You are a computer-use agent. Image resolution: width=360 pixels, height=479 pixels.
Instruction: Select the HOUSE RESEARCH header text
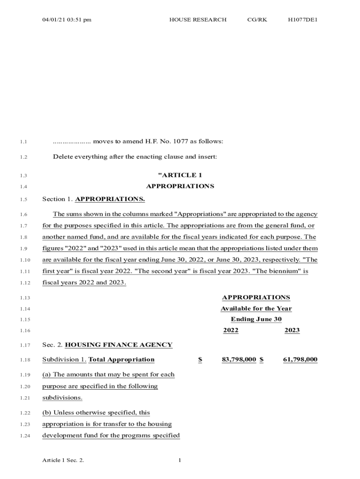click(x=198, y=20)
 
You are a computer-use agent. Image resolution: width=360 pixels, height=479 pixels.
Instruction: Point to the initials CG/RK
click(x=257, y=20)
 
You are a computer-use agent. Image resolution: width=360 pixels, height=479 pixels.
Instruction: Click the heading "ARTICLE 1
click(x=180, y=175)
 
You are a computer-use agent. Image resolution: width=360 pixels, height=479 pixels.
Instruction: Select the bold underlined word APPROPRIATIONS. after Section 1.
click(x=110, y=199)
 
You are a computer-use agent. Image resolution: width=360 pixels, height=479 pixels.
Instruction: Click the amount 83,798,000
click(x=239, y=359)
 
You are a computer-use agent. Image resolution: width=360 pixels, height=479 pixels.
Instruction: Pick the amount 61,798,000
click(x=300, y=359)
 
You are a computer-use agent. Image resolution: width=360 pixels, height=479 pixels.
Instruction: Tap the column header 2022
click(x=230, y=330)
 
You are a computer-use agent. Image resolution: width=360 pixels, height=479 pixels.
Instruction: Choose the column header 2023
click(x=292, y=330)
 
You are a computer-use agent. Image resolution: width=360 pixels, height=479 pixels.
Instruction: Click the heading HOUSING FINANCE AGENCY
click(x=118, y=345)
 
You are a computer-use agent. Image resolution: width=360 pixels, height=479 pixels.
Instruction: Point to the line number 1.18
click(x=25, y=360)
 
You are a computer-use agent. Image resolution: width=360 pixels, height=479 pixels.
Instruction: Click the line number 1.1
click(x=24, y=142)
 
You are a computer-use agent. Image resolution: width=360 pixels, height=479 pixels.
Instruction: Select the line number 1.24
click(x=25, y=436)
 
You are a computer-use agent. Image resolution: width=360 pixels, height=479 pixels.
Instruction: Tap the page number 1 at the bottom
click(x=180, y=460)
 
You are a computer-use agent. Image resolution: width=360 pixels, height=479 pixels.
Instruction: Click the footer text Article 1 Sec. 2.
click(x=63, y=460)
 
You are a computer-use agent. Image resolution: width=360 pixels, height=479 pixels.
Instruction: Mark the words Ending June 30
click(x=256, y=319)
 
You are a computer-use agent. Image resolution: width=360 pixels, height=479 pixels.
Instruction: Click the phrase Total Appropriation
click(x=121, y=359)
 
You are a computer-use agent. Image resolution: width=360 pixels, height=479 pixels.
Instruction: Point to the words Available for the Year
click(x=256, y=308)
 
